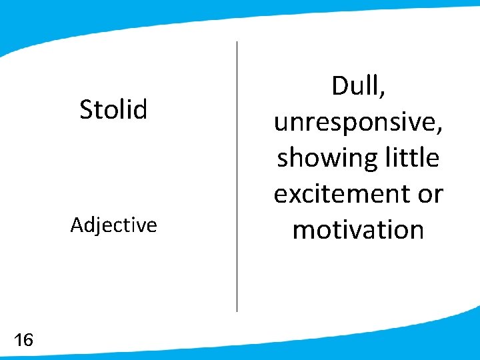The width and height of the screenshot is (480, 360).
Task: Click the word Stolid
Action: click(x=113, y=109)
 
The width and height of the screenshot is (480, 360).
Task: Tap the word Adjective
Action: click(x=113, y=225)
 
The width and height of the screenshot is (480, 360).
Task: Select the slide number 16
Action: click(x=23, y=341)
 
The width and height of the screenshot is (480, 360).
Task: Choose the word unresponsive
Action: click(x=355, y=123)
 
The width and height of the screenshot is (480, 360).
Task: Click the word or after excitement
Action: click(x=430, y=195)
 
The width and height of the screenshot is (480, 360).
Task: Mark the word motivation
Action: click(x=358, y=230)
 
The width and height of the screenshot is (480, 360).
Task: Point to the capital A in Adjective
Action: click(x=77, y=225)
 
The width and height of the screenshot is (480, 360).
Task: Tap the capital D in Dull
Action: click(x=339, y=87)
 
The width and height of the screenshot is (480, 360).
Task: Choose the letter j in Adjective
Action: click(x=97, y=227)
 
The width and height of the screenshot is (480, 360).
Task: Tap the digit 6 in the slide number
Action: click(x=28, y=341)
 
